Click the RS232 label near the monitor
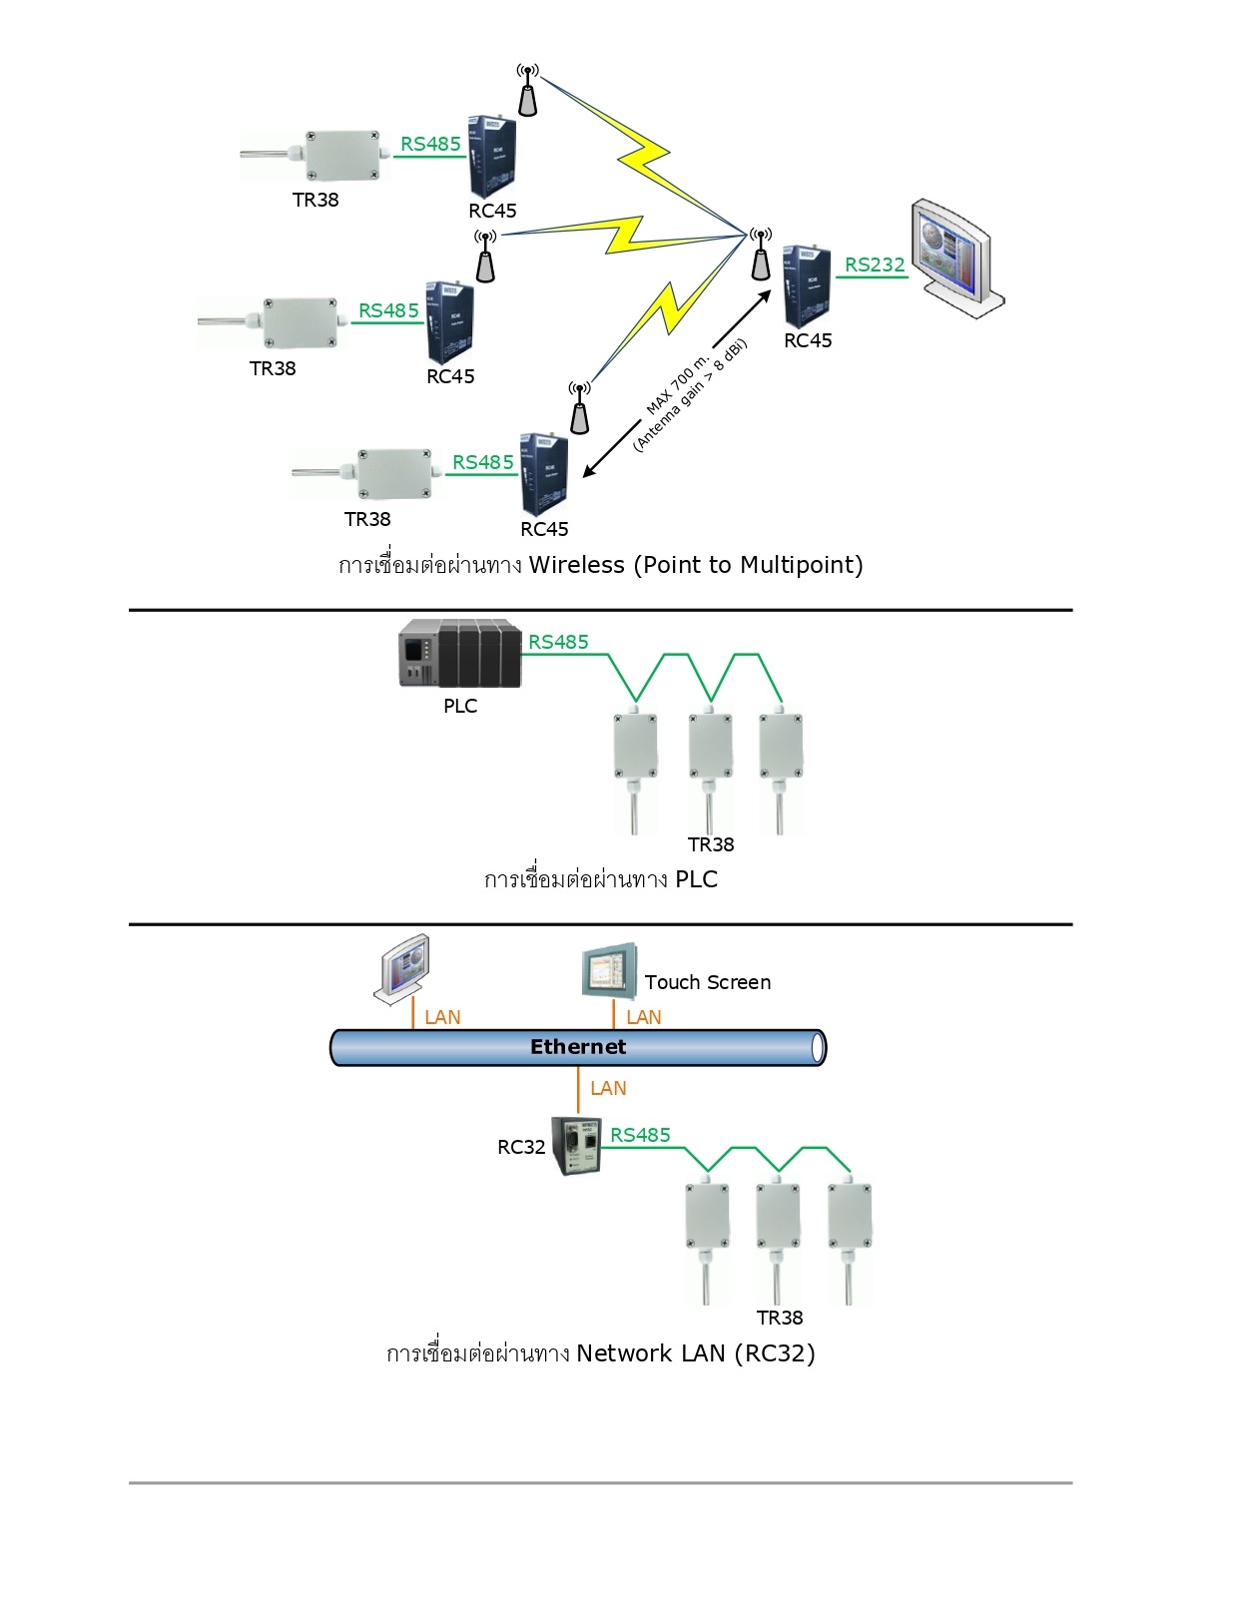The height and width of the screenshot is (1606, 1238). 875,265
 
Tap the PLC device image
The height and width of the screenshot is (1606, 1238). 459,654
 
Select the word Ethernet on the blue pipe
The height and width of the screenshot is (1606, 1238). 578,1047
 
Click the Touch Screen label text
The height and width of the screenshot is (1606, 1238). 707,982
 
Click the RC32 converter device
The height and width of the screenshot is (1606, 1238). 577,1145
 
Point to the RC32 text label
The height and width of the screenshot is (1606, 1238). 521,1147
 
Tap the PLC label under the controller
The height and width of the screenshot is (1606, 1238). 460,706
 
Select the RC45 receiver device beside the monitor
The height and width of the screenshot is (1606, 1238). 807,286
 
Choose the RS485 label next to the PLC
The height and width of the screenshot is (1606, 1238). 558,642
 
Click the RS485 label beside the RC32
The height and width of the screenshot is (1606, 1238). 640,1135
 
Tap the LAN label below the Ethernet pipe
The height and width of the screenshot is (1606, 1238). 608,1088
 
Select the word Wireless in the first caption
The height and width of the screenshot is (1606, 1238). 577,565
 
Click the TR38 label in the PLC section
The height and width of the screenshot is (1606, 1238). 711,844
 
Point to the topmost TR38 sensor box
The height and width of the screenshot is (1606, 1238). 341,155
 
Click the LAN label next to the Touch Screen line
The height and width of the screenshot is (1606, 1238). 644,1017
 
